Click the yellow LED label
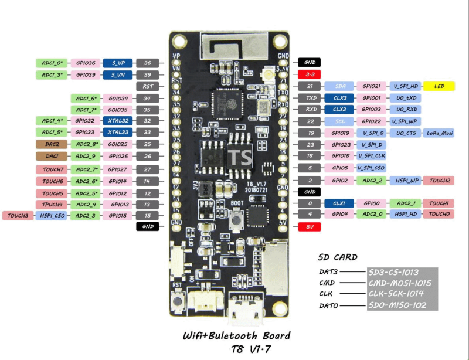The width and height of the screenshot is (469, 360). [x=439, y=86]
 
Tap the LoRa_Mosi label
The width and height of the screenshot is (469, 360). [x=440, y=133]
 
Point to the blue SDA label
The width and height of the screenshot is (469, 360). [x=340, y=86]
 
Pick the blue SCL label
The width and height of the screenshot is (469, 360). [x=340, y=121]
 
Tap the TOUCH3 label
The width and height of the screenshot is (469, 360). [x=17, y=215]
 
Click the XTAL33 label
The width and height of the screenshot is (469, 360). [x=118, y=133]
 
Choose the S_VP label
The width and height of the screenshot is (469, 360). [x=118, y=62]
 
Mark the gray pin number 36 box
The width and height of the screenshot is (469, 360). [x=148, y=62]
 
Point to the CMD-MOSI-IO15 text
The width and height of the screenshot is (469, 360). [x=400, y=283]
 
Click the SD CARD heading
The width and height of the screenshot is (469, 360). [x=338, y=257]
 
